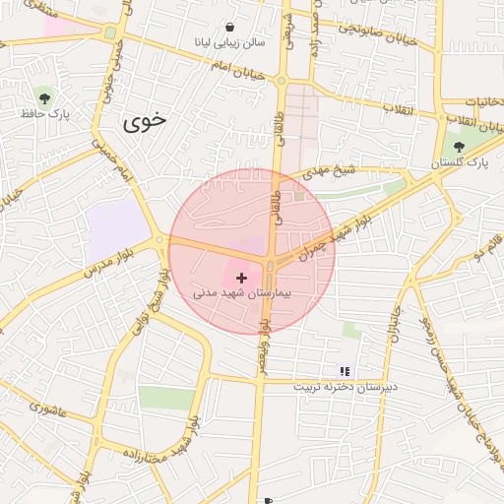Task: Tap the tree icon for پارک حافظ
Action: pyautogui.click(x=43, y=95)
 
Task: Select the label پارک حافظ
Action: pyautogui.click(x=36, y=114)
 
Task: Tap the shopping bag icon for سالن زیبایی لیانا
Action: pyautogui.click(x=229, y=28)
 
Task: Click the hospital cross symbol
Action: pyautogui.click(x=242, y=279)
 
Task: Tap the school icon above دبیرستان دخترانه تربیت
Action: pyautogui.click(x=345, y=371)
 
